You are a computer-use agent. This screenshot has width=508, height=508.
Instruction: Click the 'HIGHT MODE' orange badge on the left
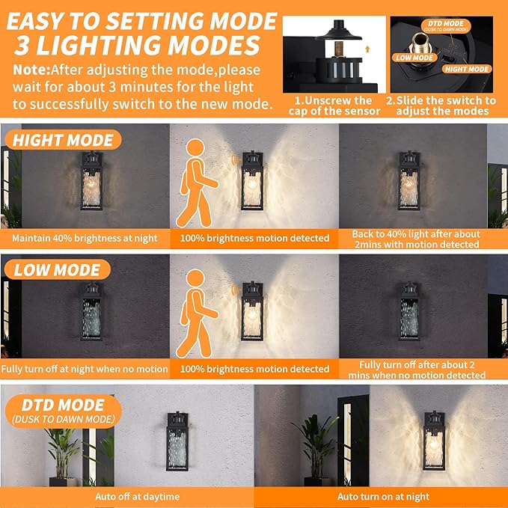click(x=63, y=140)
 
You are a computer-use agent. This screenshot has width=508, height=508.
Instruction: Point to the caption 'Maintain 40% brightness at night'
click(x=85, y=239)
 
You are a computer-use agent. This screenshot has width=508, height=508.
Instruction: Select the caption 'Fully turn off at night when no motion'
click(x=85, y=369)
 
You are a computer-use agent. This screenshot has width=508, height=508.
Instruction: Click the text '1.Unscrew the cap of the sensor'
click(x=334, y=105)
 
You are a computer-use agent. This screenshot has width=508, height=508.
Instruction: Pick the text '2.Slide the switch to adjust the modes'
click(x=441, y=105)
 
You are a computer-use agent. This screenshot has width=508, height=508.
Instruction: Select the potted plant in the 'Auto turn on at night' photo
click(x=315, y=445)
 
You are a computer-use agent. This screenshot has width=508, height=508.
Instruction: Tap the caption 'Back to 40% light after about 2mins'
click(x=415, y=239)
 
